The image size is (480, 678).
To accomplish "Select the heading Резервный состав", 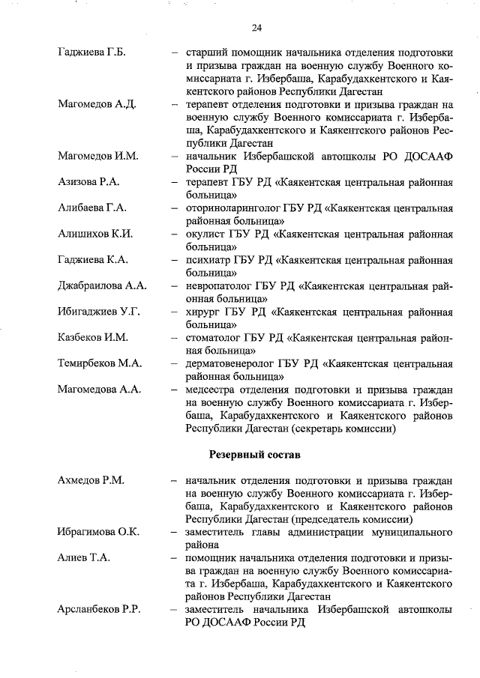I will pyautogui.click(x=255, y=454).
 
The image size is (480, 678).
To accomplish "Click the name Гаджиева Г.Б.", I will pyautogui.click(x=91, y=52).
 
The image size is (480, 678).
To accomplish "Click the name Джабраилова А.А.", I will pyautogui.click(x=102, y=285).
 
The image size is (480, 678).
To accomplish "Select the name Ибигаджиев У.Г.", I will pyautogui.click(x=98, y=311).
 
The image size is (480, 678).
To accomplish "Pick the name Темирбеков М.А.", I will pyautogui.click(x=100, y=363).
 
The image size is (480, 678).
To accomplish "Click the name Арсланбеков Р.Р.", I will pyautogui.click(x=100, y=610).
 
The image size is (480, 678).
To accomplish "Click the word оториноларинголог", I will pyautogui.click(x=230, y=208).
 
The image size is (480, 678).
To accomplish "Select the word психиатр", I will pyautogui.click(x=208, y=260).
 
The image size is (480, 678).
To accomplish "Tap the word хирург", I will pyautogui.click(x=202, y=312).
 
